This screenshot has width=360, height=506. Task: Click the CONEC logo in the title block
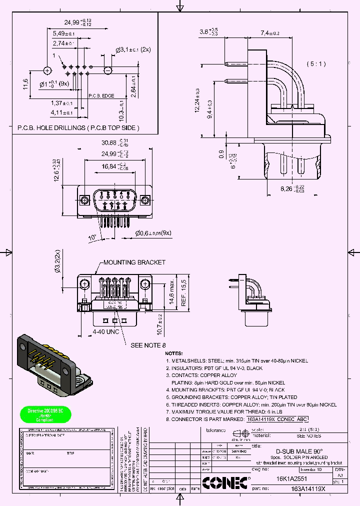(x=225, y=482)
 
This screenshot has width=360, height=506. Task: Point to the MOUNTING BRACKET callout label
(x=134, y=262)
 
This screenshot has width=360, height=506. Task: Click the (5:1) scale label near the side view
(x=316, y=64)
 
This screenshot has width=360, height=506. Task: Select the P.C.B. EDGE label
(x=101, y=95)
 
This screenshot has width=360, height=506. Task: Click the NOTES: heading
(x=173, y=353)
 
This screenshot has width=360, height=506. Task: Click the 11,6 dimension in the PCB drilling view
(x=25, y=84)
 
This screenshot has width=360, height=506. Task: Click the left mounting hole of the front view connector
(x=83, y=200)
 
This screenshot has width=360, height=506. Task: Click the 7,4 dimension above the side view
(x=269, y=33)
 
